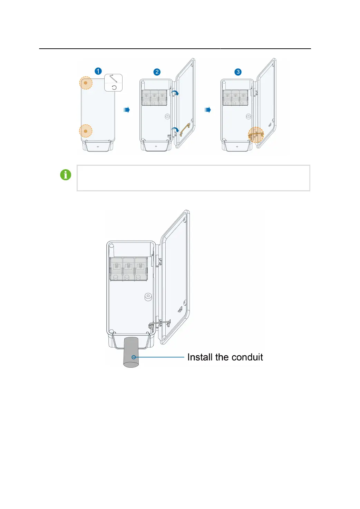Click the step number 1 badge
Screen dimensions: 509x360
(98, 71)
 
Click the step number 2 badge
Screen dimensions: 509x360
(157, 72)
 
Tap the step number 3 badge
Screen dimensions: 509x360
(238, 72)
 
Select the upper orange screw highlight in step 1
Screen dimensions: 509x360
(86, 83)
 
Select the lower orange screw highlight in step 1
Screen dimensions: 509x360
(86, 131)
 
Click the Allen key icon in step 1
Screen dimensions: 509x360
(114, 78)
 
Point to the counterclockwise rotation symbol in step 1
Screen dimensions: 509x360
(114, 87)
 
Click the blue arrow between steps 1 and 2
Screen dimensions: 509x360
(127, 110)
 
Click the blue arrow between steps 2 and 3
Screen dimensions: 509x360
(207, 110)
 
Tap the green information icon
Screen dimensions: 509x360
(66, 175)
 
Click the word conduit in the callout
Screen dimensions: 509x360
(247, 357)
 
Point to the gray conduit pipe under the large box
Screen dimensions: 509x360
(131, 352)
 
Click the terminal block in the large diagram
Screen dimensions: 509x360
(128, 269)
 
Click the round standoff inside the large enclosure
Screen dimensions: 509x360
(148, 297)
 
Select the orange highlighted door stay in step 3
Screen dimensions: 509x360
(256, 135)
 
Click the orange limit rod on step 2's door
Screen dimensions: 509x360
(185, 129)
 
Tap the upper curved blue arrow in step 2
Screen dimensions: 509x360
(175, 93)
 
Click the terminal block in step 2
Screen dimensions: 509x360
(154, 98)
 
